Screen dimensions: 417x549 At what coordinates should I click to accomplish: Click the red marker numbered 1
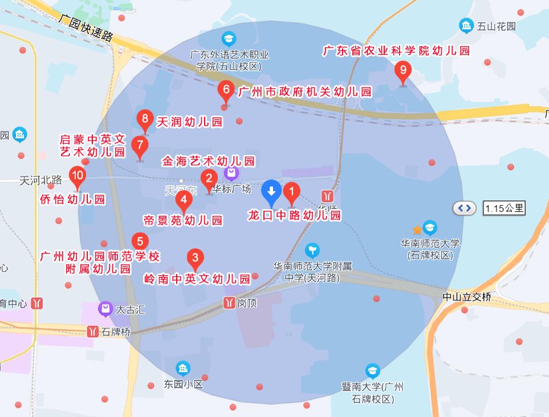[291, 193]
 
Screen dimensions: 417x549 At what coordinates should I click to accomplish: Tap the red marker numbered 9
[403, 71]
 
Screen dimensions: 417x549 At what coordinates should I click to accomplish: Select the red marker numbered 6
[226, 90]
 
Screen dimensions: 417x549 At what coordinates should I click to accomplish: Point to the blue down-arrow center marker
[271, 191]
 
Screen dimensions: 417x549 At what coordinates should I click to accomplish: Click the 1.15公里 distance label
[503, 208]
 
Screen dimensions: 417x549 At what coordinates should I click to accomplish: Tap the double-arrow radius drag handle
[465, 208]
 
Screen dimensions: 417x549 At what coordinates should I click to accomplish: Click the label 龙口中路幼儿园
[294, 215]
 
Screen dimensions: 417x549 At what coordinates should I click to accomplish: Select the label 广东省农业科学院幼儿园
[396, 51]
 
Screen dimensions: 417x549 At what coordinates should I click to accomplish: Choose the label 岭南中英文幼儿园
[197, 279]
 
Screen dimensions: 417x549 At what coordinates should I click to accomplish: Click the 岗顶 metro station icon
[230, 302]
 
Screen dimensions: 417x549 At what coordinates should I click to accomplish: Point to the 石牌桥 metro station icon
[92, 332]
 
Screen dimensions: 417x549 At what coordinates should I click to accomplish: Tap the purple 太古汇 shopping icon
[105, 310]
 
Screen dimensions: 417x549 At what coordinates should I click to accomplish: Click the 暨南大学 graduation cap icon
[373, 371]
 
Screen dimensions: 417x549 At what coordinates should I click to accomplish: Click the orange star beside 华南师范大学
[417, 230]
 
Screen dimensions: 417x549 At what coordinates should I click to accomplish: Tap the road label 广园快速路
[86, 27]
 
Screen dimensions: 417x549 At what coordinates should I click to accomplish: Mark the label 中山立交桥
[467, 297]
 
